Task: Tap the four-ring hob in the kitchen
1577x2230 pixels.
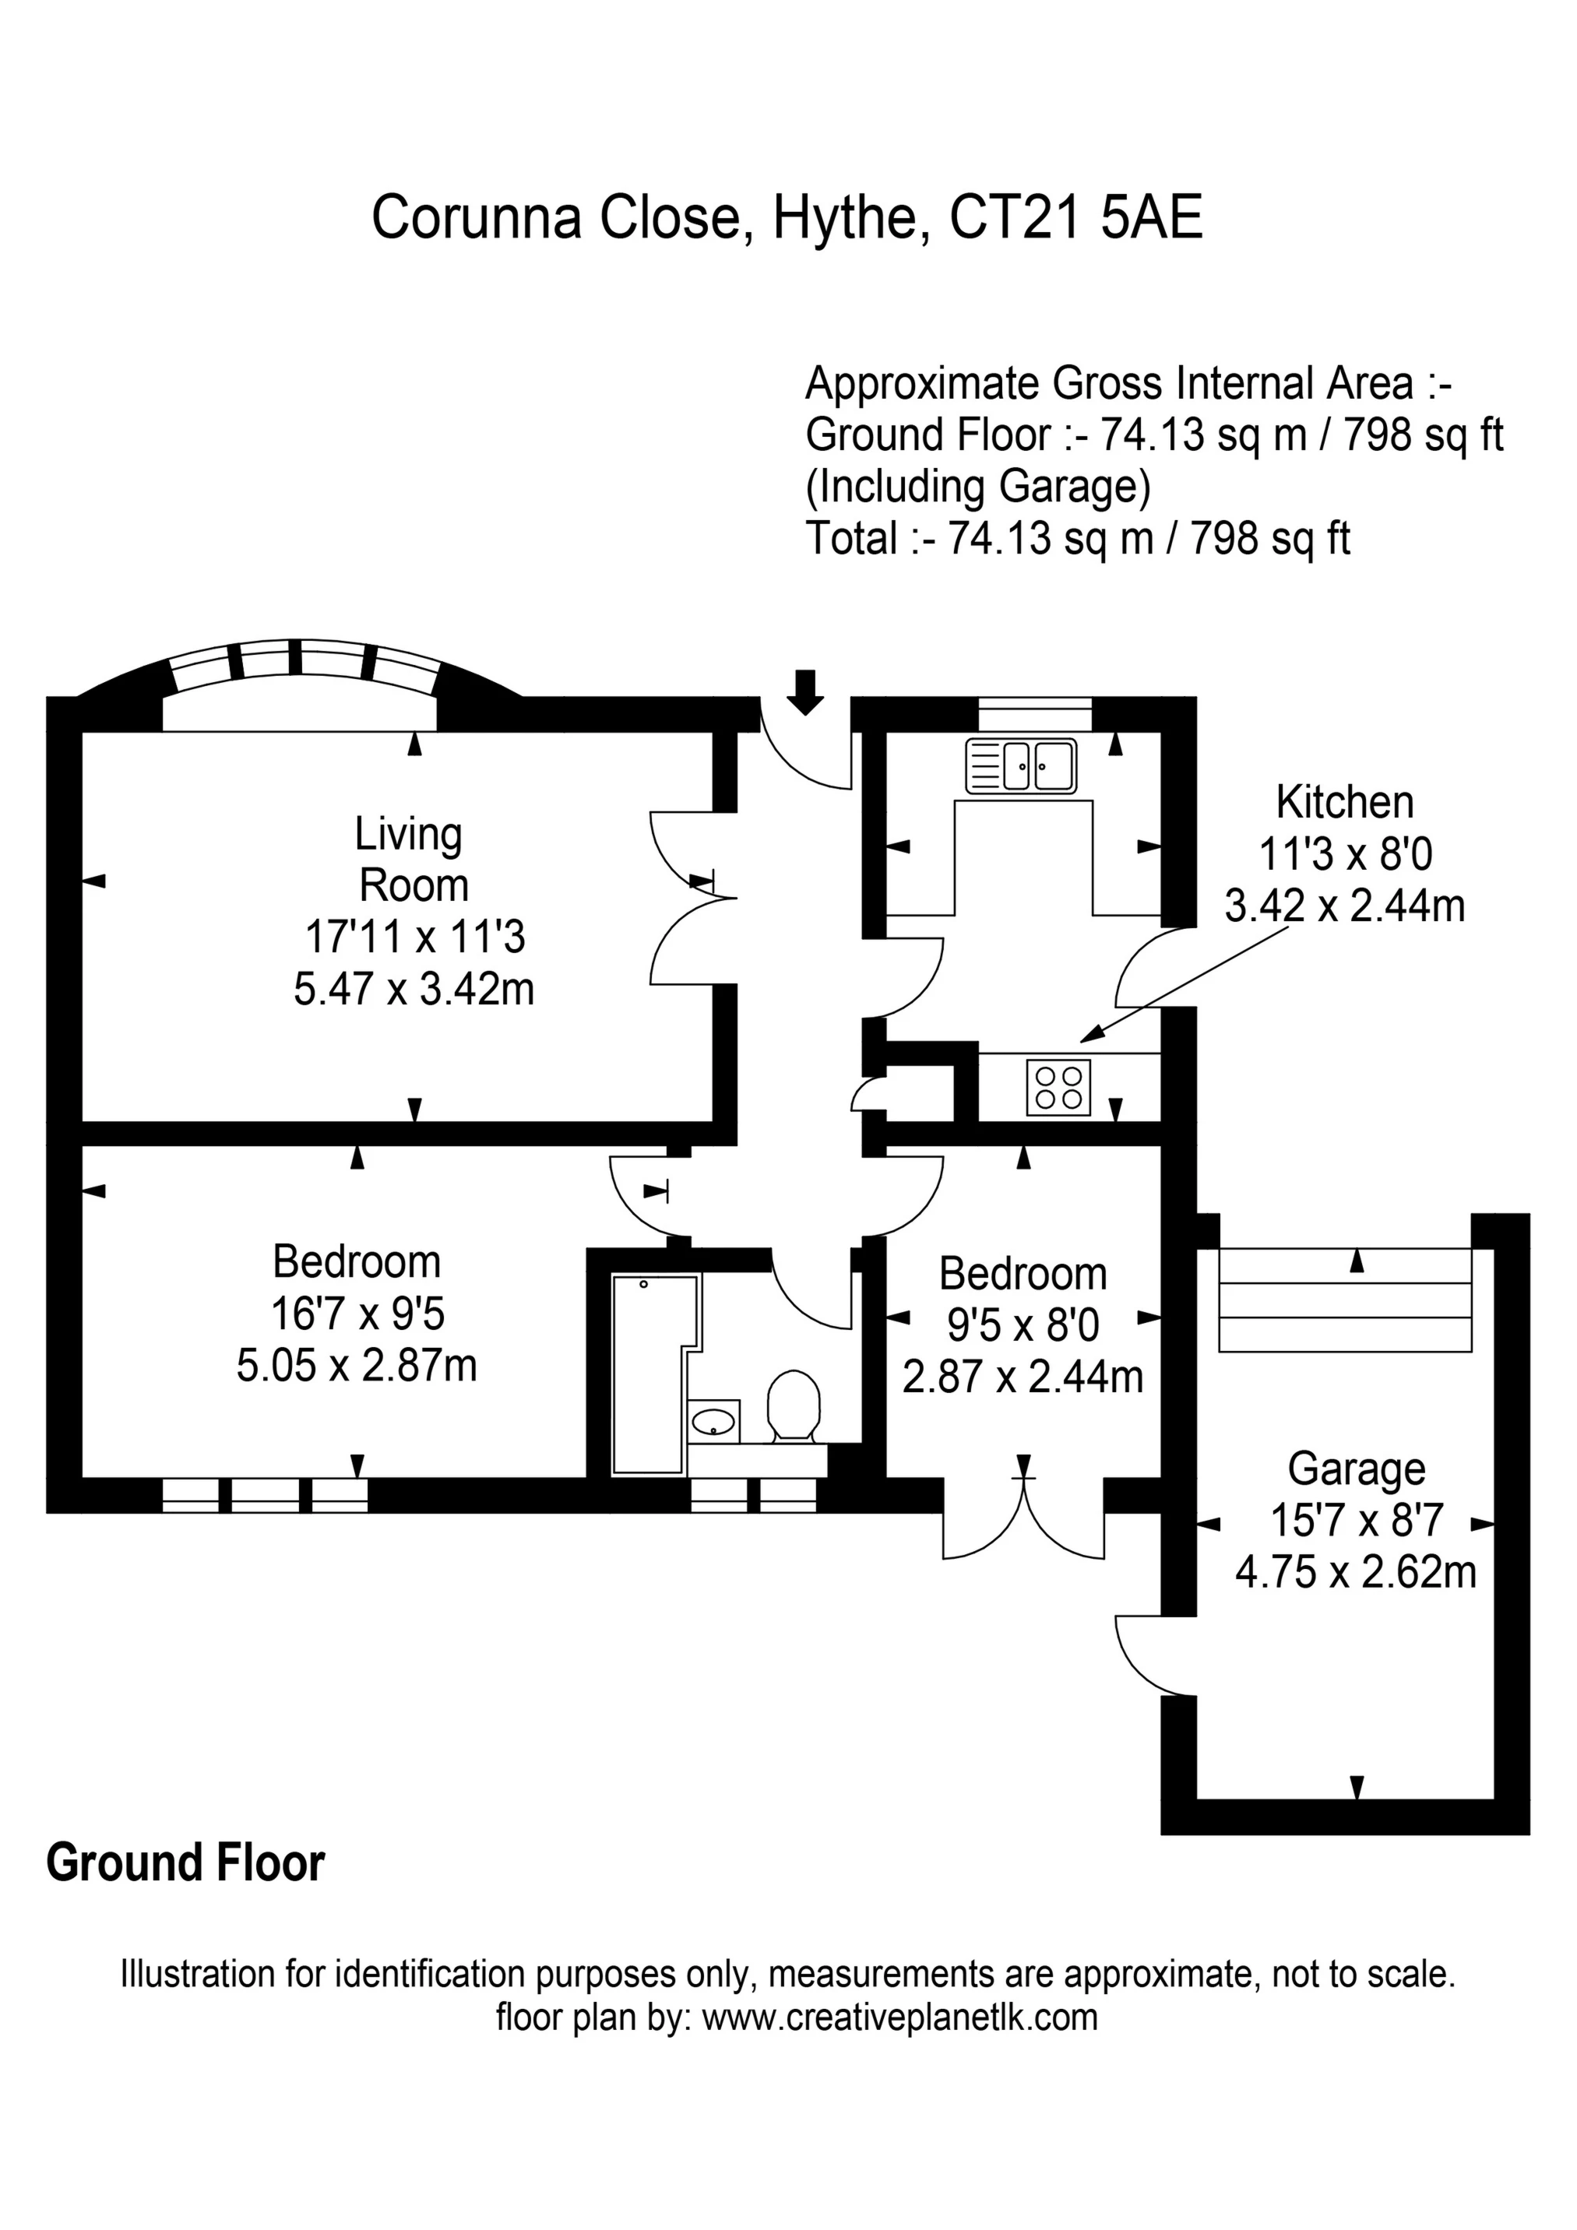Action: (1058, 1087)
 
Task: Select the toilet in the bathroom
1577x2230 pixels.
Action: (794, 1405)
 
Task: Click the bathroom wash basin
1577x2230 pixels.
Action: (713, 1423)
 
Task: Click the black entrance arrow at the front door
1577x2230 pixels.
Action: (804, 691)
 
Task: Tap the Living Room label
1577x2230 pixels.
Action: (412, 860)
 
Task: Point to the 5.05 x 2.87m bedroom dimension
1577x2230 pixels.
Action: (357, 1366)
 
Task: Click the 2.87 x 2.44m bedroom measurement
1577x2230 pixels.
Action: (1023, 1377)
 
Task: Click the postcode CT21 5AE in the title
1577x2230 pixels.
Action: (1075, 217)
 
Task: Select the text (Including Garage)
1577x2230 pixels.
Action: (977, 487)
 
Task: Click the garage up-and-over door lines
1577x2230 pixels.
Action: (1345, 1300)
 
